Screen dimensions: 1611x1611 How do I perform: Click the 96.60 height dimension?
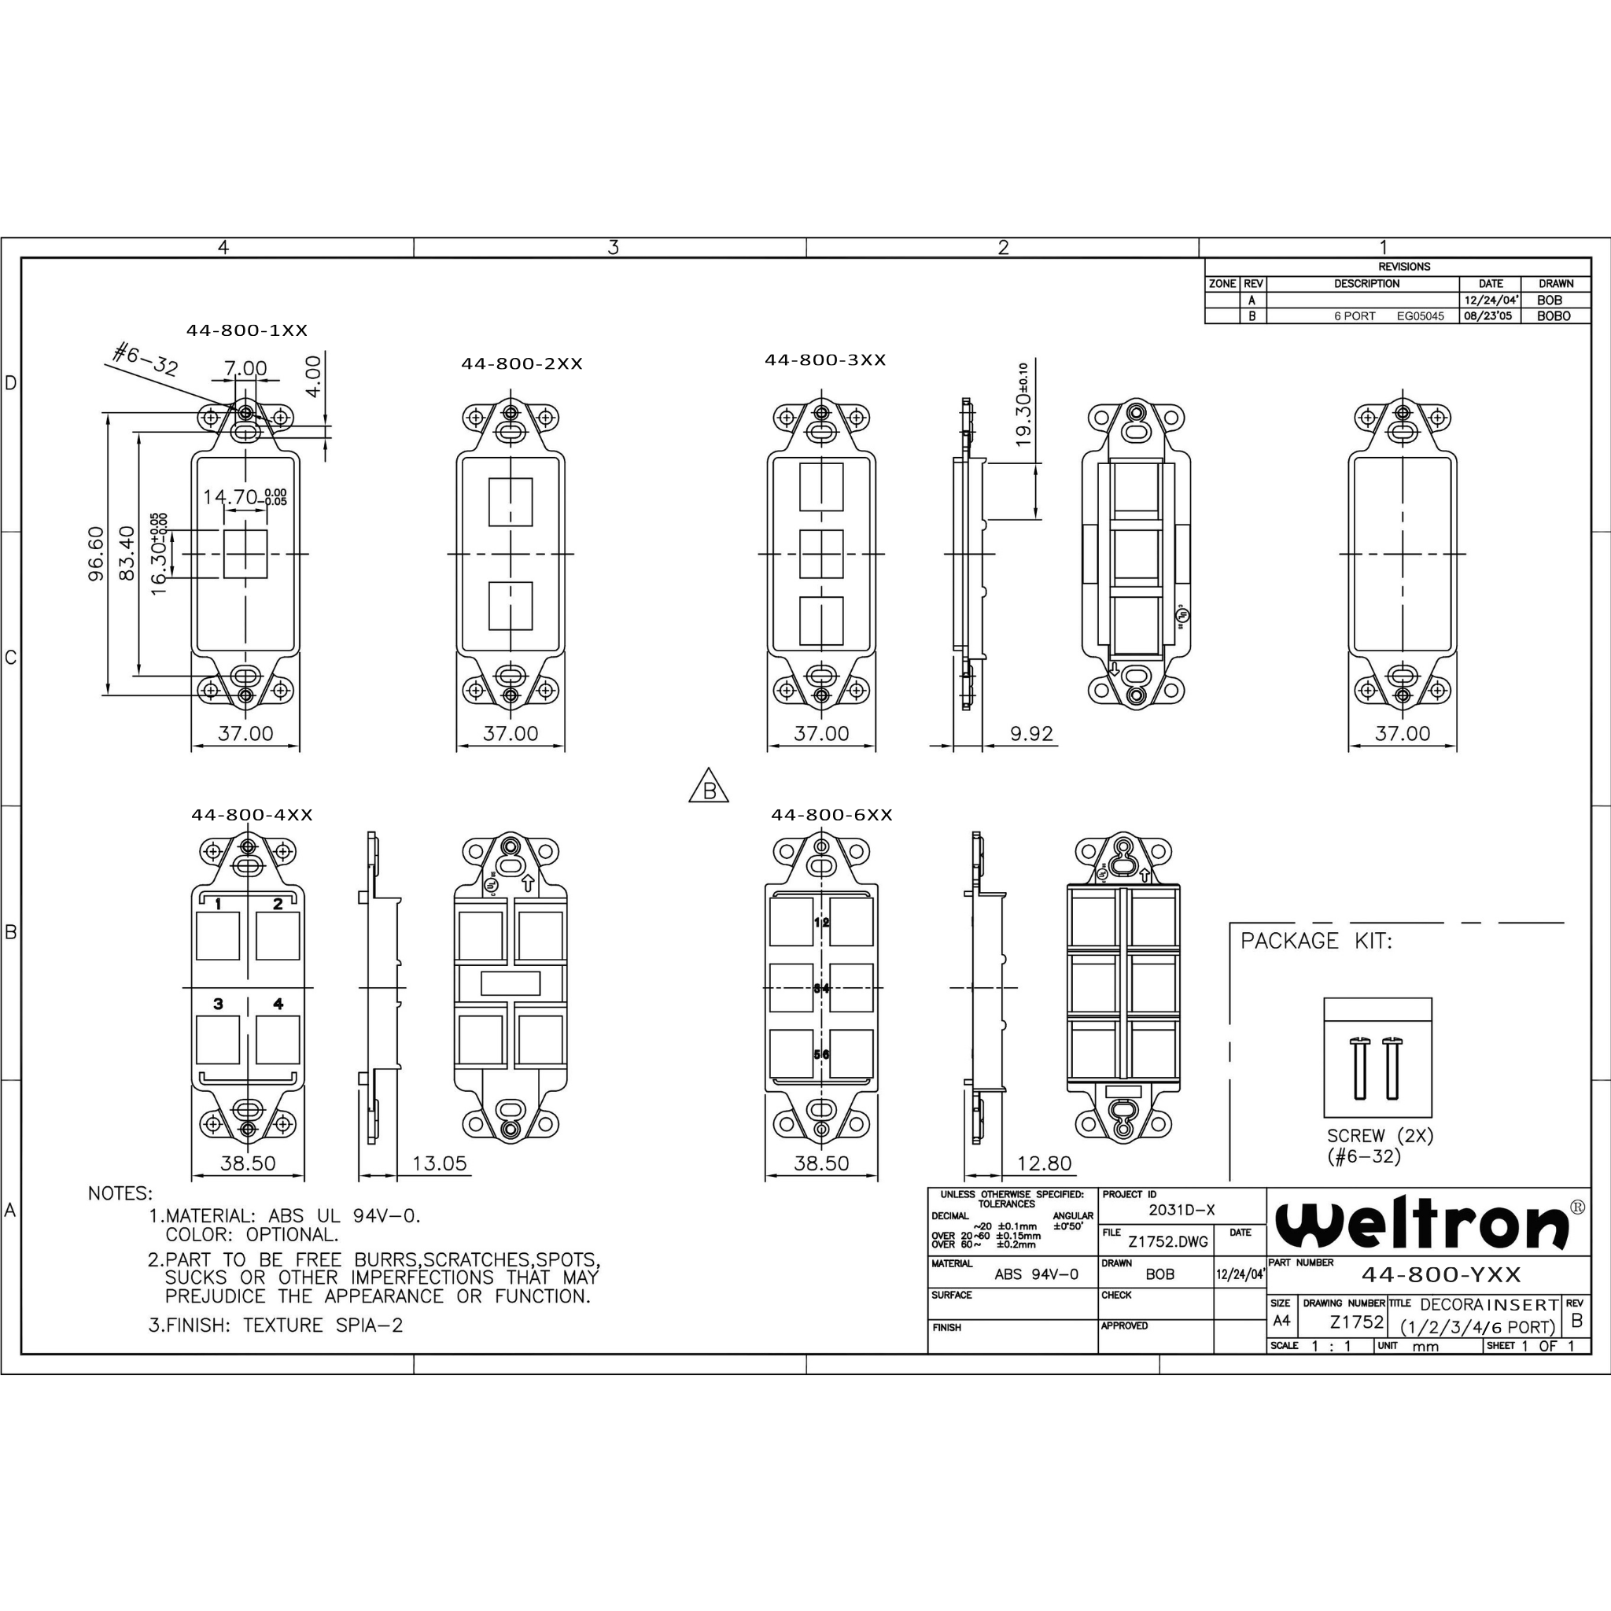point(97,553)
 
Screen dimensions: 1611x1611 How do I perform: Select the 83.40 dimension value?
point(127,553)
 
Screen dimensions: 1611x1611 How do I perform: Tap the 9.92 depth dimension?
point(1031,734)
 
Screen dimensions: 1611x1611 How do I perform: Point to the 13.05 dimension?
point(440,1163)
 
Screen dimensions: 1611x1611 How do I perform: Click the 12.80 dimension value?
point(1044,1163)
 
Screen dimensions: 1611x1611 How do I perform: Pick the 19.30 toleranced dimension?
point(1023,405)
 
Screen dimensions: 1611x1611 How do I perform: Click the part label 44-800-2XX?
point(522,363)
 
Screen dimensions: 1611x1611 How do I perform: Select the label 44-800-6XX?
point(831,815)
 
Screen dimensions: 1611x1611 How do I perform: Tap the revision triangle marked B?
point(709,788)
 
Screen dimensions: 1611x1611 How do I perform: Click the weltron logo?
point(1421,1223)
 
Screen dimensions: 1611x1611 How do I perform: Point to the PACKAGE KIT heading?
point(1316,942)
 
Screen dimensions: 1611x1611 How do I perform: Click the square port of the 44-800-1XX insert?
point(245,554)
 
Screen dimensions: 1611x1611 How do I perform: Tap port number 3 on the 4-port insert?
point(219,1004)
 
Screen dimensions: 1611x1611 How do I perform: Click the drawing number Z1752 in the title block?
point(1357,1322)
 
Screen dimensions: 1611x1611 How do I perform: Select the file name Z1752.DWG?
point(1167,1241)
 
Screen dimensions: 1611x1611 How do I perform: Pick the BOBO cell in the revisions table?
point(1554,316)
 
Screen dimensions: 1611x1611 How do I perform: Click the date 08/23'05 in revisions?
point(1488,316)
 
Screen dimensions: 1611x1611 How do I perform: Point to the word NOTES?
point(120,1194)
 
